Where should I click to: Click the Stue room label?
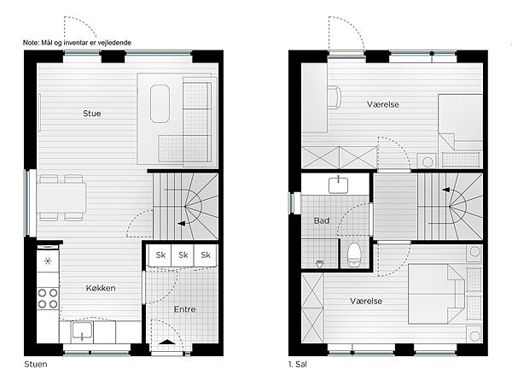(x=92, y=114)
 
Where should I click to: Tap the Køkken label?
(x=101, y=288)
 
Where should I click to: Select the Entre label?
(x=185, y=309)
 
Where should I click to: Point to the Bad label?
(x=322, y=220)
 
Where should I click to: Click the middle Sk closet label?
(x=183, y=255)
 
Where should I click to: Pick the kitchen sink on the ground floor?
(x=82, y=331)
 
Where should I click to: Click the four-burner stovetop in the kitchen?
(x=48, y=298)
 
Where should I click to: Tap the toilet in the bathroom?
(x=353, y=255)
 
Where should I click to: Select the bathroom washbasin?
(x=338, y=185)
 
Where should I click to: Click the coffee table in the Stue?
(x=160, y=103)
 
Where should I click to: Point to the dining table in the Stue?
(x=61, y=198)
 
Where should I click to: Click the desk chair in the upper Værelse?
(x=334, y=97)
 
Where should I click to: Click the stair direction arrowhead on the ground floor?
(x=181, y=224)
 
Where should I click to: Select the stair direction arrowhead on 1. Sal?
(x=446, y=190)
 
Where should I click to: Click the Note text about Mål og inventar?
(x=77, y=43)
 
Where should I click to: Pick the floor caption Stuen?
(x=36, y=364)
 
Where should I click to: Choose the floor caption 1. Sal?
(x=298, y=364)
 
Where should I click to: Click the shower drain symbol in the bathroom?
(x=320, y=263)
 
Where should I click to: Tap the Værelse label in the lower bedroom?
(x=366, y=302)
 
